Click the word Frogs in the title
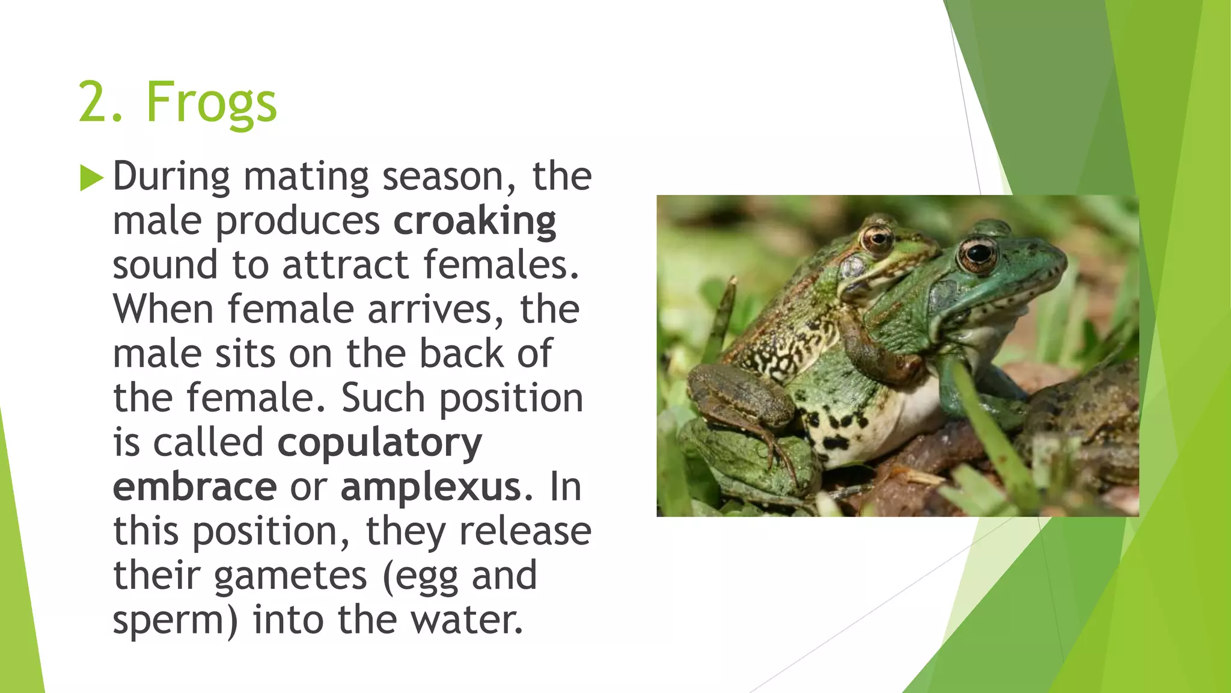click(x=211, y=103)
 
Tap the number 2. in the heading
click(x=101, y=103)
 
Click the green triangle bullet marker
click(x=91, y=178)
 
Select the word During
click(x=171, y=177)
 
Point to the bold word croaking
click(x=475, y=221)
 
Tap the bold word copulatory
click(x=379, y=443)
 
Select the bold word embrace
click(x=195, y=487)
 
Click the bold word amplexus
click(x=431, y=487)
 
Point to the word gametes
click(x=290, y=576)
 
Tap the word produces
click(x=298, y=221)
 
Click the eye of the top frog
click(x=877, y=239)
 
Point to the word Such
click(x=383, y=398)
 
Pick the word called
click(x=208, y=443)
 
